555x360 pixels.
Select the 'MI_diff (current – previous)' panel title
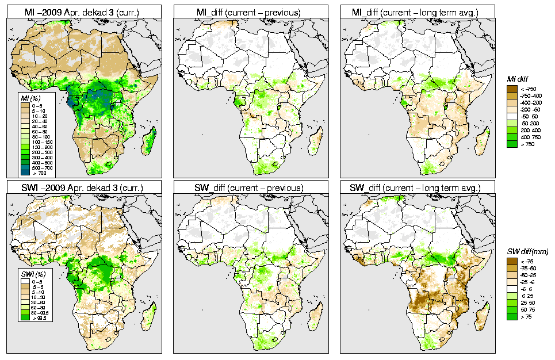248,11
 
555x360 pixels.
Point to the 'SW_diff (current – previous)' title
248,187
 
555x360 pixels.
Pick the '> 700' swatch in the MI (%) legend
25,173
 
